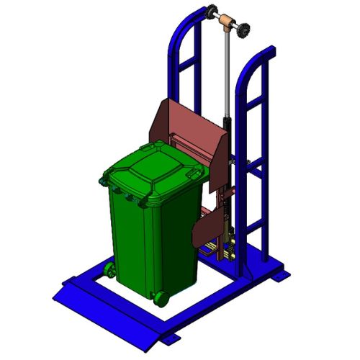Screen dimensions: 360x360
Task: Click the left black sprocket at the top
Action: (x=212, y=13)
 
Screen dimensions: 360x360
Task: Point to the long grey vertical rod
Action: (x=228, y=72)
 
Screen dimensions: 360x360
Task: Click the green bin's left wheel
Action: (x=109, y=270)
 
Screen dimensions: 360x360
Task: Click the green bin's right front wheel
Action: (x=160, y=296)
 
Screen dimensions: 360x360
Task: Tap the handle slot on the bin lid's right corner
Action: (x=194, y=174)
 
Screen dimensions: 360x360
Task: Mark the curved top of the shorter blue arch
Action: (x=252, y=61)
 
